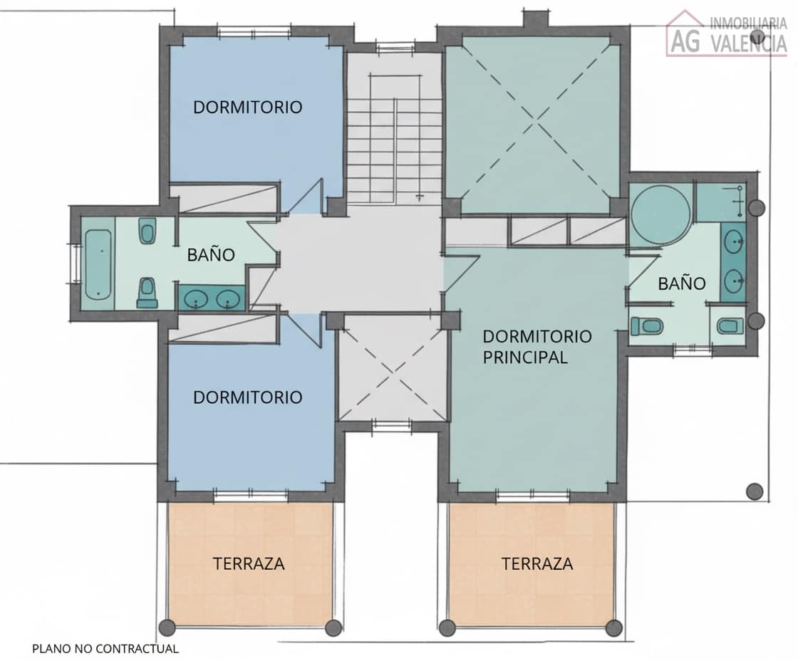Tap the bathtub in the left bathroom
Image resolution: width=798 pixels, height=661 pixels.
pyautogui.click(x=98, y=264)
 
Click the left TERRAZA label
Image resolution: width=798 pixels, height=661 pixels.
pyautogui.click(x=249, y=563)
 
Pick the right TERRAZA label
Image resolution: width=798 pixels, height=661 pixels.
pyautogui.click(x=537, y=563)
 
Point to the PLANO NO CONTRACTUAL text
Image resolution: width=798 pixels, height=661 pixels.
pyautogui.click(x=105, y=648)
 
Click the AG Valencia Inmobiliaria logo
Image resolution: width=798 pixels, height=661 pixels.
pyautogui.click(x=727, y=33)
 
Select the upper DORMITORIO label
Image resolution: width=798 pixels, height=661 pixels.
pyautogui.click(x=248, y=108)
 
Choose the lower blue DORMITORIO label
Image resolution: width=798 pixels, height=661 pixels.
pyautogui.click(x=248, y=397)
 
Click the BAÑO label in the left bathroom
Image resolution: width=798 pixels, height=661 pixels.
pyautogui.click(x=211, y=255)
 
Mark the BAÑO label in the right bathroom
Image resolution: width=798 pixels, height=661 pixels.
pyautogui.click(x=682, y=283)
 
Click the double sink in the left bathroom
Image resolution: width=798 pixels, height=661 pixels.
pyautogui.click(x=211, y=298)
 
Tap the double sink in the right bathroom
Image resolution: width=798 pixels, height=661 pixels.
pyautogui.click(x=734, y=261)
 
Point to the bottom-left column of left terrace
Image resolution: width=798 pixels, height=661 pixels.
pyautogui.click(x=167, y=628)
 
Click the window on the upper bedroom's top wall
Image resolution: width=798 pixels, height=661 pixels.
pyautogui.click(x=254, y=31)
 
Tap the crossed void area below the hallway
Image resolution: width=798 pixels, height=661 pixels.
pyautogui.click(x=390, y=368)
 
